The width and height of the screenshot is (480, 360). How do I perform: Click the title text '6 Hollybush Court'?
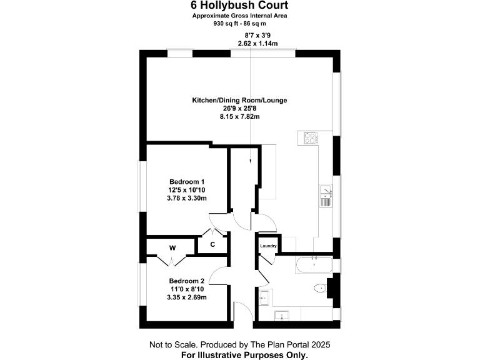[239, 5]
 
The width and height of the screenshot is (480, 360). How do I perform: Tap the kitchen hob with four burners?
[310, 137]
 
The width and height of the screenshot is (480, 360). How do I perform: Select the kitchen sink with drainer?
[326, 196]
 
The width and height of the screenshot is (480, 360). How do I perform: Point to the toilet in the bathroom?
[321, 289]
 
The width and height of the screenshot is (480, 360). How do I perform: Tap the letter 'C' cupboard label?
[212, 244]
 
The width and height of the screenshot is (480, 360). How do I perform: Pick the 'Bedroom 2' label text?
[187, 281]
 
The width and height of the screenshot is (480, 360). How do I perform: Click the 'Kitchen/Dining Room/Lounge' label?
[239, 100]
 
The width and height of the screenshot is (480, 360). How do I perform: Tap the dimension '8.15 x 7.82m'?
[239, 116]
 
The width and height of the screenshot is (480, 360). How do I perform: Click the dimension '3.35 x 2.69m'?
[187, 297]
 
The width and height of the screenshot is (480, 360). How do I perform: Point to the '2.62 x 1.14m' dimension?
[257, 43]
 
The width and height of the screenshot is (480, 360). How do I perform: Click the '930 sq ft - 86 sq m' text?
[239, 22]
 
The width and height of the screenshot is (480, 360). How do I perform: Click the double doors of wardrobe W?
[172, 260]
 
